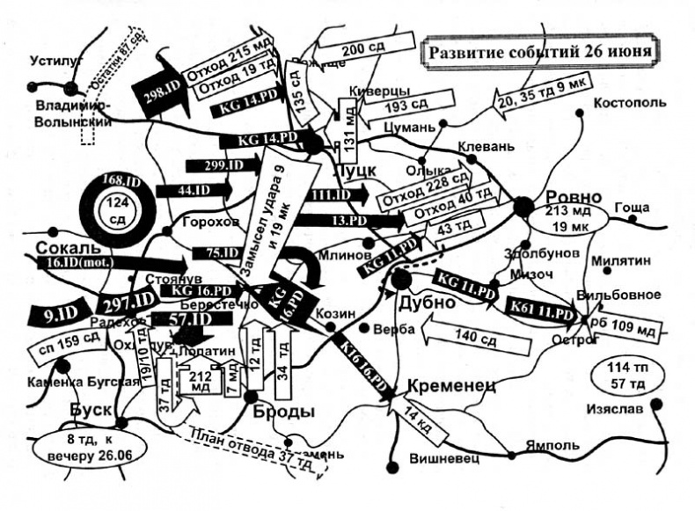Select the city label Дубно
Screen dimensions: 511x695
[x=428, y=303]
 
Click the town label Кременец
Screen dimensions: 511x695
[x=451, y=384]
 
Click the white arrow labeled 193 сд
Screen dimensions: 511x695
[x=398, y=118]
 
